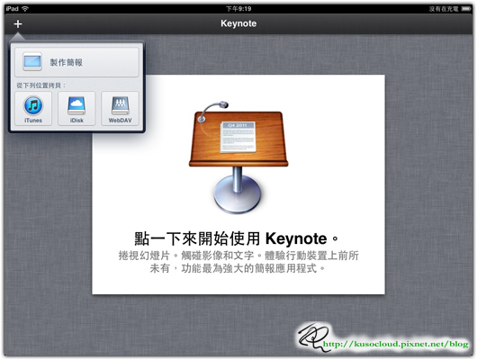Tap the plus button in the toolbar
(x=18, y=24)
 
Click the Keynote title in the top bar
(x=238, y=24)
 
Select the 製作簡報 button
(x=76, y=62)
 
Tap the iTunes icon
(x=33, y=108)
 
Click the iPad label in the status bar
(x=12, y=8)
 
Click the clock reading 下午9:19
(x=238, y=8)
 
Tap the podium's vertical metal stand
(x=238, y=175)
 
